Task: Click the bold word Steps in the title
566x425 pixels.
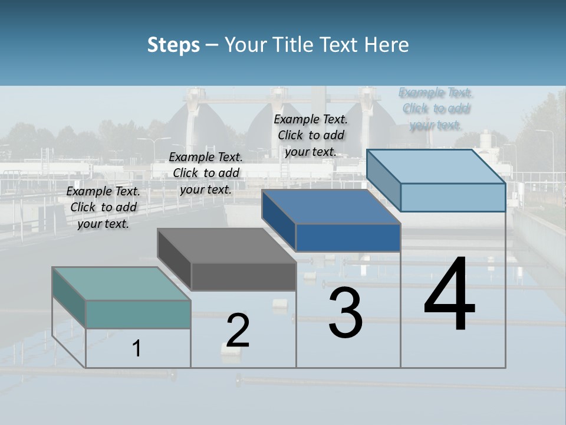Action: pyautogui.click(x=173, y=45)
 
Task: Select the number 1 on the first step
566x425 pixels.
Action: pyautogui.click(x=136, y=348)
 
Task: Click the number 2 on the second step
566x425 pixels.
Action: pyautogui.click(x=238, y=331)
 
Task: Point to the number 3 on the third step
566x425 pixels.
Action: pyautogui.click(x=345, y=312)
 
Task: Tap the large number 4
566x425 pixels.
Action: pyautogui.click(x=449, y=295)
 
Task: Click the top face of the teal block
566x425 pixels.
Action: pyautogui.click(x=121, y=283)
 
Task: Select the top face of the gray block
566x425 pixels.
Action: pyautogui.click(x=226, y=245)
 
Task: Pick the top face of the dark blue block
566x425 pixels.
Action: pyautogui.click(x=331, y=207)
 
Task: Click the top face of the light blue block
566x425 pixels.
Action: pyautogui.click(x=436, y=166)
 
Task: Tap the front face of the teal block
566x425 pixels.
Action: pyautogui.click(x=138, y=314)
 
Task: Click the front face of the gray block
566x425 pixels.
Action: pyautogui.click(x=243, y=276)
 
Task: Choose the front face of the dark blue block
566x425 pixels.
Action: pyautogui.click(x=348, y=237)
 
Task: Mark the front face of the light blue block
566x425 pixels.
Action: pyautogui.click(x=453, y=197)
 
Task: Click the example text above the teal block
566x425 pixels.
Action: pyautogui.click(x=103, y=207)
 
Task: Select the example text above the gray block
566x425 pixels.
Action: pyautogui.click(x=206, y=173)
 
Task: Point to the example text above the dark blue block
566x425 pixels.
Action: pyautogui.click(x=311, y=135)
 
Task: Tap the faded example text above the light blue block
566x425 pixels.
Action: pyautogui.click(x=436, y=109)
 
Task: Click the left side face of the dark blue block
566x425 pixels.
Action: pyautogui.click(x=278, y=219)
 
